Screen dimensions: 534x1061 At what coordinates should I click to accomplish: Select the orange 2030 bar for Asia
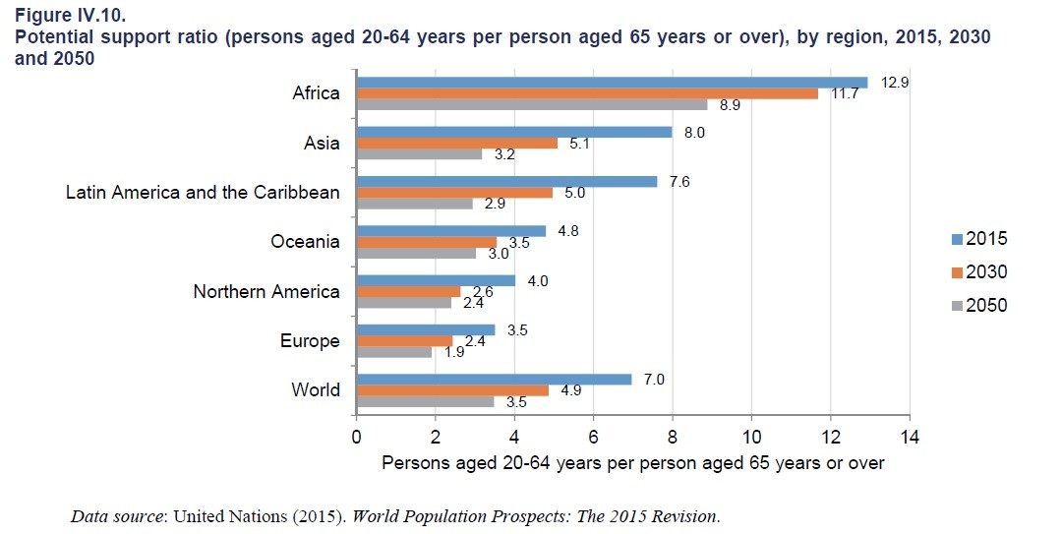457,143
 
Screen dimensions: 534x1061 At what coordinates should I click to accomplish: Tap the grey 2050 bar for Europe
394,352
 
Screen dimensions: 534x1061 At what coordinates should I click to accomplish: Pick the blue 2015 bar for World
494,379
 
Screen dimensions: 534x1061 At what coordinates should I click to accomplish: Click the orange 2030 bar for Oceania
426,242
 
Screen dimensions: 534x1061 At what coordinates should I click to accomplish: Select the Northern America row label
266,291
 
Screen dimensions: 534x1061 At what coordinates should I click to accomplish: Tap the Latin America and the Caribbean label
203,192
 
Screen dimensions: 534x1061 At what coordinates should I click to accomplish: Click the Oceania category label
305,241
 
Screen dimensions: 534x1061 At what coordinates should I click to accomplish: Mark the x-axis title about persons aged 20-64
632,462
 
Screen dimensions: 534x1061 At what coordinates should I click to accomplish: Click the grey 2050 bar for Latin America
414,204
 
